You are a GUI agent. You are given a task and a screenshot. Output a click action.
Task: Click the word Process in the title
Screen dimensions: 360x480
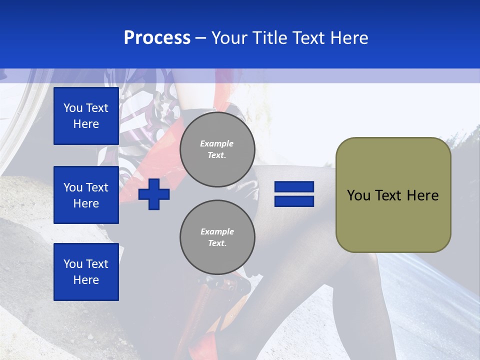click(157, 38)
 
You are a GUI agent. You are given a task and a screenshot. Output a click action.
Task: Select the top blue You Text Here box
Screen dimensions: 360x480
click(86, 116)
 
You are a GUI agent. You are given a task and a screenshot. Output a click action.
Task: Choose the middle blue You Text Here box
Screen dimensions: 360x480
click(86, 195)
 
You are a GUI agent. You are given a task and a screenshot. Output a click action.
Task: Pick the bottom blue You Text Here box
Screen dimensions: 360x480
click(86, 272)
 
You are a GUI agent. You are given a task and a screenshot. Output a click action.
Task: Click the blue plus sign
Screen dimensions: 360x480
click(154, 194)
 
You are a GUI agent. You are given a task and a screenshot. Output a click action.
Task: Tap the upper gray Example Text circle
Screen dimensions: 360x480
click(217, 149)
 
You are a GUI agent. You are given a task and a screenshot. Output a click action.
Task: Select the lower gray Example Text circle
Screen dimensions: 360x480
click(217, 237)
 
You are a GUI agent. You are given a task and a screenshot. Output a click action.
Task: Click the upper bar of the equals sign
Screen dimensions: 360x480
click(294, 187)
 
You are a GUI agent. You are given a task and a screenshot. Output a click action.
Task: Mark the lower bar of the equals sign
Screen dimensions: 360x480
click(294, 201)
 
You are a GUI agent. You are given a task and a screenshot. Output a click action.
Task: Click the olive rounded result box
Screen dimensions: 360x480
click(393, 195)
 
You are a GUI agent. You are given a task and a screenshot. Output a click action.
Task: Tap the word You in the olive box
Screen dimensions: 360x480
click(358, 195)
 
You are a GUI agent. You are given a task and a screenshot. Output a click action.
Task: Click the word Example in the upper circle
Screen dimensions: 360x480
click(217, 143)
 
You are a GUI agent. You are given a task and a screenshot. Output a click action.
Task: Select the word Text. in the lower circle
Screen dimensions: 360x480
click(217, 243)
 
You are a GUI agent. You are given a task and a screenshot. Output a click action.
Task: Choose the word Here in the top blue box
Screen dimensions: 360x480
click(86, 124)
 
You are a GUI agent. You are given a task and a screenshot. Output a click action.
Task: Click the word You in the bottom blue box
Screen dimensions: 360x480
click(73, 264)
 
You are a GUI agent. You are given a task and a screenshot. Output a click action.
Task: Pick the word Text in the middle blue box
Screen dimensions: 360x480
click(97, 187)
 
